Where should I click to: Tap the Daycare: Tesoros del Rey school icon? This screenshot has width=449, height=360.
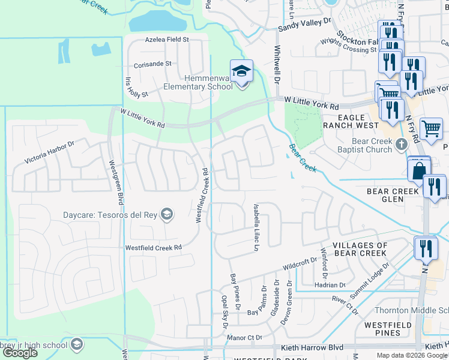click(x=167, y=214)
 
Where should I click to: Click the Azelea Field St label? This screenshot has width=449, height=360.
click(x=167, y=40)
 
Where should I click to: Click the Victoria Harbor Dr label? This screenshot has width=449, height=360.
click(x=49, y=152)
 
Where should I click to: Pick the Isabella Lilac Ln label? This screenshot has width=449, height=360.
click(x=256, y=227)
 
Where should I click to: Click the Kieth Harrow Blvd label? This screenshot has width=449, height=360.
click(x=312, y=347)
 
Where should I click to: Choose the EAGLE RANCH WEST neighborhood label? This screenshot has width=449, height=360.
click(x=351, y=121)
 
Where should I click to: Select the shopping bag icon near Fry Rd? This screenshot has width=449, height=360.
click(x=418, y=169)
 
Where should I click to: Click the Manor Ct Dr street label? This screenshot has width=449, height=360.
click(x=245, y=338)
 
